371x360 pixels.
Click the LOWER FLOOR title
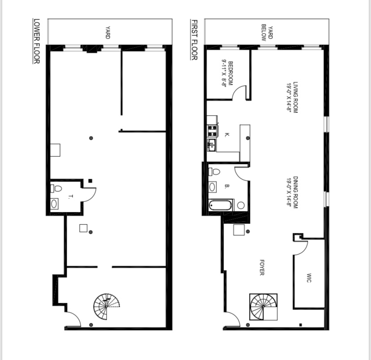(x=37, y=41)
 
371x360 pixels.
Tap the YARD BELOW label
(x=267, y=32)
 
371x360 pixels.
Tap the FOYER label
(x=262, y=267)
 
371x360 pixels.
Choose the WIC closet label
(x=309, y=278)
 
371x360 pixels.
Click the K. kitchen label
(x=227, y=134)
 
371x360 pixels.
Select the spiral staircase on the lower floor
(x=107, y=306)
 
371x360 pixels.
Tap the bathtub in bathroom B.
(x=221, y=206)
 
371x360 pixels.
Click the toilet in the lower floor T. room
(x=56, y=189)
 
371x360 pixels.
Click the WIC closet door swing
(x=300, y=248)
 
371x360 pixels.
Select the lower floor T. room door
(x=90, y=193)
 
